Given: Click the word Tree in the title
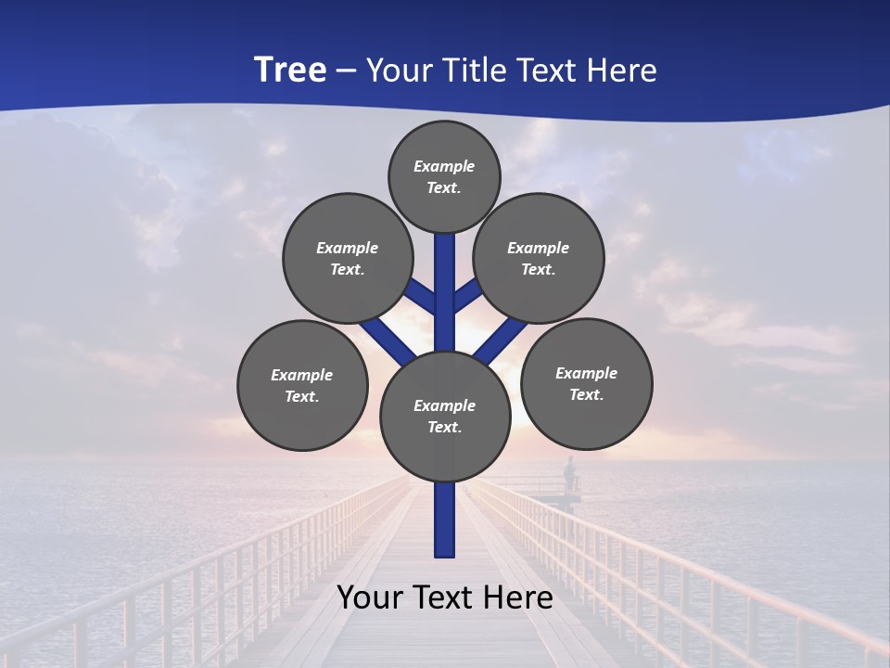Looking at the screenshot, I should tap(290, 70).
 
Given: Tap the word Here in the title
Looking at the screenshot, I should tap(620, 71).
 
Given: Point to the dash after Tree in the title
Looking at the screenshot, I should tap(346, 71).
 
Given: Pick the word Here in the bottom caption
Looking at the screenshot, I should tap(518, 597).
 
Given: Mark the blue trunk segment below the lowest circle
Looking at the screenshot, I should tap(445, 520).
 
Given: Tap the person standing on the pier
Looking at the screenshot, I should tap(569, 474).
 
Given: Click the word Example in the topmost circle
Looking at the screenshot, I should tap(444, 166).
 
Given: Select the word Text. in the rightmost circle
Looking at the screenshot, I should tap(586, 394).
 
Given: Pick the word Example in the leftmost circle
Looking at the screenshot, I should tap(301, 375).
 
